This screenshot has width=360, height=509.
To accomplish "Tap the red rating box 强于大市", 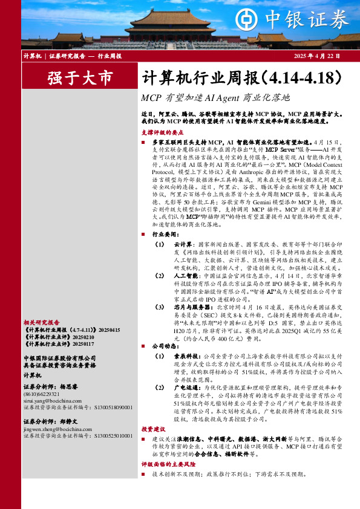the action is [80, 78].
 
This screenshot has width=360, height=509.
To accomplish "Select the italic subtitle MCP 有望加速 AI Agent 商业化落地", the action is [215, 97].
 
